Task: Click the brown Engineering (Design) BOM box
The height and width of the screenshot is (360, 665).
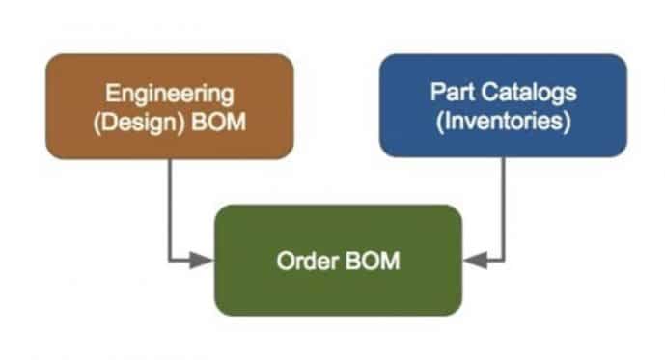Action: click(169, 106)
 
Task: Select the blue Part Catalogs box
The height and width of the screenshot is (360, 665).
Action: click(503, 105)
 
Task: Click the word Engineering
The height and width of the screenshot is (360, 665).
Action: click(170, 95)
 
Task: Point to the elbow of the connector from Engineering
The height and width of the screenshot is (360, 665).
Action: click(169, 260)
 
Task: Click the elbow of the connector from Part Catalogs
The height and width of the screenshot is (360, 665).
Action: click(504, 260)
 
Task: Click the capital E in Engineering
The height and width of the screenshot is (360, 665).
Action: click(113, 95)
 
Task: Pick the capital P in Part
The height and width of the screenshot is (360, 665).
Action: click(435, 94)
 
